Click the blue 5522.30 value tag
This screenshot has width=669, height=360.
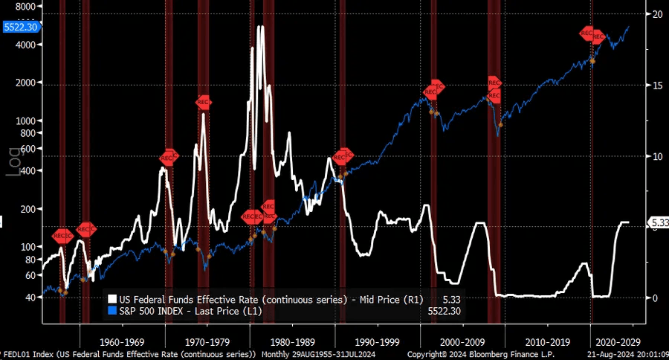pos(21,27)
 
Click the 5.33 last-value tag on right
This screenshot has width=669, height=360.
pos(659,222)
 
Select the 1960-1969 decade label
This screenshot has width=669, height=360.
pos(122,342)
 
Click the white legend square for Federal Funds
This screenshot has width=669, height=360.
pos(112,300)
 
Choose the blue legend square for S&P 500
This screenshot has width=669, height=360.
pos(112,310)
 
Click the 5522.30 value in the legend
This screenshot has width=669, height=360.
pos(445,310)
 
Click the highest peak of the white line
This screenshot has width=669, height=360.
pos(260,28)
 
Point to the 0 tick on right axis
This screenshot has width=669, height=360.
pos(654,298)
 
